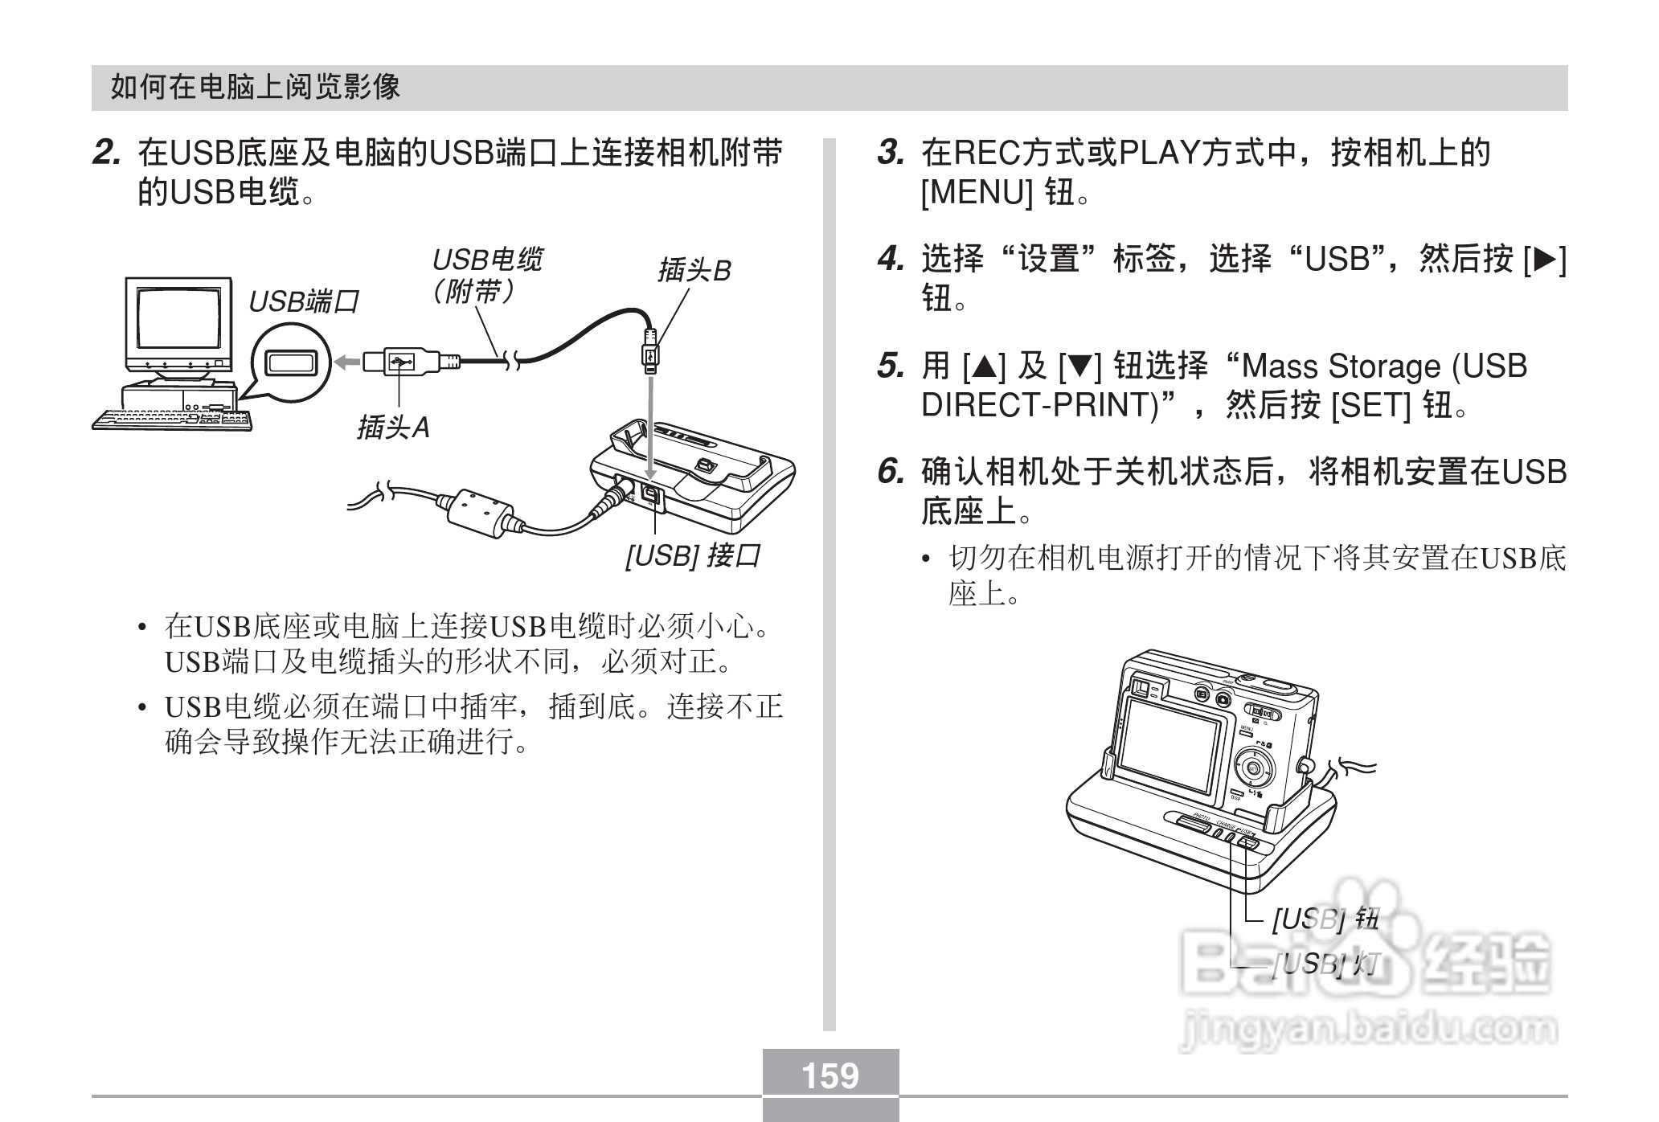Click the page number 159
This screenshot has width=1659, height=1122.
pos(830,1075)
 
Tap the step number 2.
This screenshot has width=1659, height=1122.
pos(106,153)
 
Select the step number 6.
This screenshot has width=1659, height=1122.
pos(890,472)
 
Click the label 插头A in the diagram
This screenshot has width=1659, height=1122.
pos(393,428)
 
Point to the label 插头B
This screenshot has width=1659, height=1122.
pos(694,271)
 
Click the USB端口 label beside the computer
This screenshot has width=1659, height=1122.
pos(303,302)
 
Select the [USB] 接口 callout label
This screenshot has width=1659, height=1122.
pos(692,555)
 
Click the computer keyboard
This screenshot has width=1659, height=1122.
pos(171,419)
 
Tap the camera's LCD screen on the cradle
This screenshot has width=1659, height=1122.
pos(1176,743)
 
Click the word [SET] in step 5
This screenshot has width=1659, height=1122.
pos(1370,406)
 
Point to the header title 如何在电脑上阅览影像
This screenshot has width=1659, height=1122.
pos(255,87)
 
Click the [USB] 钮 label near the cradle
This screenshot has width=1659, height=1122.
pos(1325,919)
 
